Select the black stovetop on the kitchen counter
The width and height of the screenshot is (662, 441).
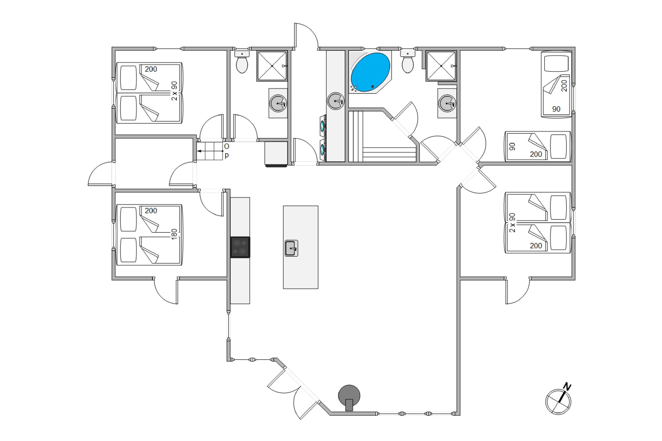[240, 247]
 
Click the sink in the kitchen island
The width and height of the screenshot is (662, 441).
[291, 248]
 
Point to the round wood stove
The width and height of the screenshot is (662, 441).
[349, 397]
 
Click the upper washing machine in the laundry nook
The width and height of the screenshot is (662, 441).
[323, 126]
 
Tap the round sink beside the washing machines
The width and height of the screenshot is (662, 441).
[336, 101]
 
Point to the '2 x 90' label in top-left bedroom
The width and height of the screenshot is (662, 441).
[175, 91]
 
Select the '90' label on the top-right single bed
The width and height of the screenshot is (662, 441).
[556, 109]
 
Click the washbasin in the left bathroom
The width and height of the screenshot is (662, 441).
[278, 103]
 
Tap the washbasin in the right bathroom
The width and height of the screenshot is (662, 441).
[447, 103]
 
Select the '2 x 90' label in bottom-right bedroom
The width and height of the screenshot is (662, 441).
[512, 222]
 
